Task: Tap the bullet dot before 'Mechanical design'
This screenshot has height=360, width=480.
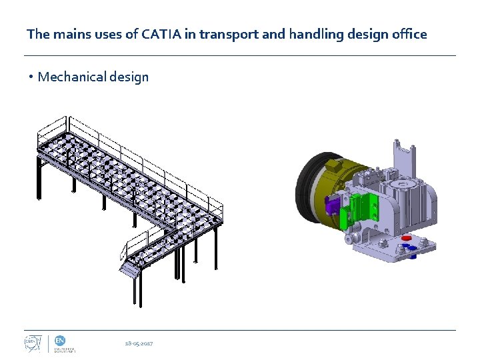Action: tap(31, 77)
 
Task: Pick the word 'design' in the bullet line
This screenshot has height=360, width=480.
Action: tap(129, 77)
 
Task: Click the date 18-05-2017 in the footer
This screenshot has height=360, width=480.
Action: tap(139, 343)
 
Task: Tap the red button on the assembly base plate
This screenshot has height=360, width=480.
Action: tap(406, 239)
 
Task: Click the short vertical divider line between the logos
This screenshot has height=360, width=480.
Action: tap(47, 343)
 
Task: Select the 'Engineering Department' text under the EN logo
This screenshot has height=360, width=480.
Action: tap(65, 349)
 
